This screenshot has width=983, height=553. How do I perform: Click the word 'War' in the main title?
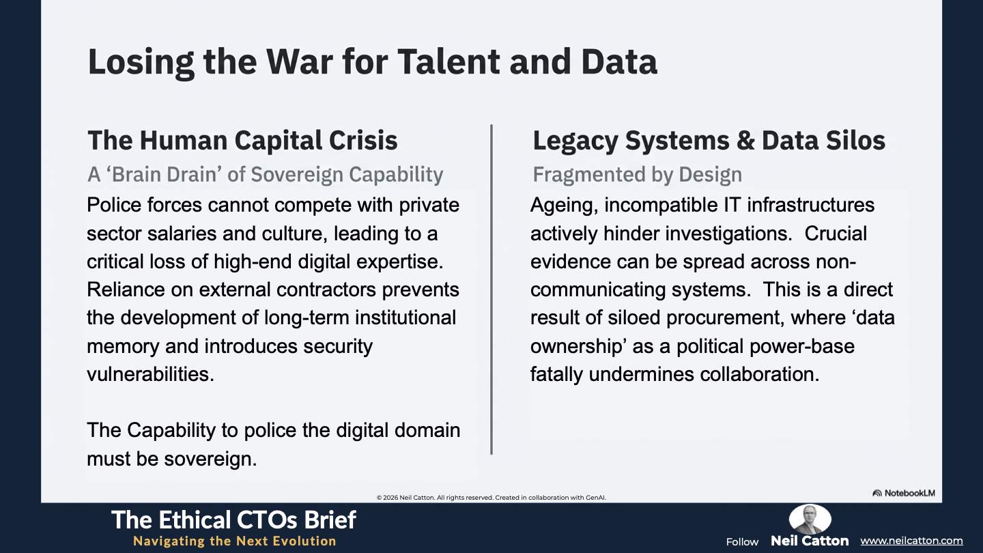(x=299, y=62)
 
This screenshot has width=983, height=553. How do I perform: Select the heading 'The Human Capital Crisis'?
(x=243, y=141)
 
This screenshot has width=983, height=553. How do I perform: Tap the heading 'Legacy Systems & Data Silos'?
(x=709, y=141)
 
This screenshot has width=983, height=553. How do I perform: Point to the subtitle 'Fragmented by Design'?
(x=637, y=174)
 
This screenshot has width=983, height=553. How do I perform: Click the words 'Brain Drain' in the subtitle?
(x=167, y=174)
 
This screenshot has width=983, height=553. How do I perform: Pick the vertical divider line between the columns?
(x=491, y=289)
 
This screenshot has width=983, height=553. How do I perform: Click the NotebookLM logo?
(x=904, y=493)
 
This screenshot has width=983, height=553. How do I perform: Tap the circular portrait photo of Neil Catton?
(x=810, y=519)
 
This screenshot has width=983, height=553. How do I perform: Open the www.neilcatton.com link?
(x=911, y=541)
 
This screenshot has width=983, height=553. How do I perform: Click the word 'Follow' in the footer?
(x=742, y=542)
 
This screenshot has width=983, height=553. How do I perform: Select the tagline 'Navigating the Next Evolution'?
(x=234, y=541)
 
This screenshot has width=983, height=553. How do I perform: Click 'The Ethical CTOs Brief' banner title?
(x=233, y=520)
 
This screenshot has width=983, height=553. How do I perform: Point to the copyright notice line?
(x=491, y=497)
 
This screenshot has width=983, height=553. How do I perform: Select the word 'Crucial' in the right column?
(x=836, y=233)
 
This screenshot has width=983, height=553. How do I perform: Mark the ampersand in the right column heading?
(x=745, y=141)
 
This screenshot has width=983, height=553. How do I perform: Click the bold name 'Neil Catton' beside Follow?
(x=810, y=541)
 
